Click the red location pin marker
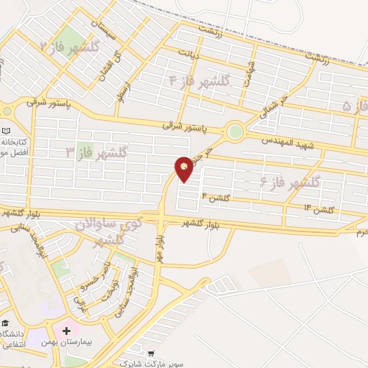pyautogui.click(x=184, y=168)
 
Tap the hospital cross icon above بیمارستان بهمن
pyautogui.click(x=67, y=331)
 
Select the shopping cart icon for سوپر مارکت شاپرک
pyautogui.click(x=151, y=353)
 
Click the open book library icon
pyautogui.click(x=6, y=131)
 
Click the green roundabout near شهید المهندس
pyautogui.click(x=234, y=132)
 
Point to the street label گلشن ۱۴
pyautogui.click(x=319, y=209)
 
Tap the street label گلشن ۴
pyautogui.click(x=215, y=195)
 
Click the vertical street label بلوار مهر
pyautogui.click(x=158, y=245)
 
